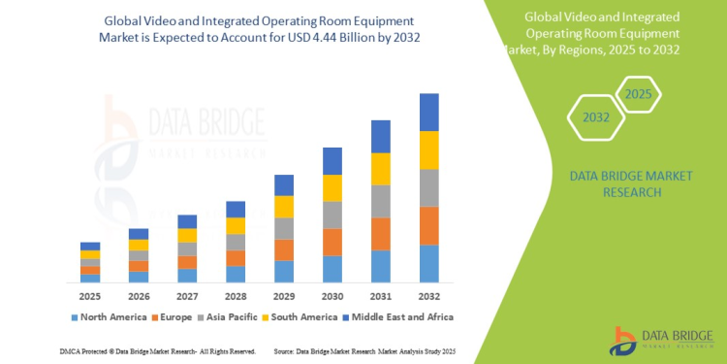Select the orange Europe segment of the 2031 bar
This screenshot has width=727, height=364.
point(381,234)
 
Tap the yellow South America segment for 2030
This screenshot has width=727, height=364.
point(332,188)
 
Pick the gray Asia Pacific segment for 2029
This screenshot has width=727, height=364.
point(283,228)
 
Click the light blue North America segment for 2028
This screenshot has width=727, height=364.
point(235,274)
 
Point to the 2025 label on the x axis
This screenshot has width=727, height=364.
point(90,295)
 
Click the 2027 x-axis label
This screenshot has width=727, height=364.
point(187,295)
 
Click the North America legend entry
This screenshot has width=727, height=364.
point(108,316)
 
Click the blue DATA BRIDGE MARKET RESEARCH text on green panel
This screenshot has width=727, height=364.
point(615,184)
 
